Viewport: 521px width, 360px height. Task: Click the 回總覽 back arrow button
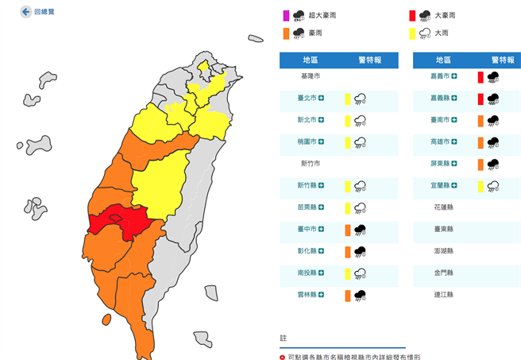pos(25,13)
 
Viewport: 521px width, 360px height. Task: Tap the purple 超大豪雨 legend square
pos(284,15)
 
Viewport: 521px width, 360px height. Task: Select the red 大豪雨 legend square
pos(411,15)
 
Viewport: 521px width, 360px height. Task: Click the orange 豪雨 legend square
pos(284,33)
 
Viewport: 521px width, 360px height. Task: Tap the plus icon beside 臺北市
pos(321,99)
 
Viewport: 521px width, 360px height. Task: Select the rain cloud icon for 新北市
pos(360,120)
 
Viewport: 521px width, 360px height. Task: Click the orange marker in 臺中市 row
pos(347,230)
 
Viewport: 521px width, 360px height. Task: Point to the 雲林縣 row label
pos(307,295)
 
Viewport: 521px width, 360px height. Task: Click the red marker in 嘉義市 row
pos(480,76)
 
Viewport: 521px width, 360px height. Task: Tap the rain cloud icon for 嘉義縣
pos(493,99)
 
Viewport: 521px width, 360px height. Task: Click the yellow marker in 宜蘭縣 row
pos(480,186)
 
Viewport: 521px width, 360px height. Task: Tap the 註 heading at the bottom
pos(284,339)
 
